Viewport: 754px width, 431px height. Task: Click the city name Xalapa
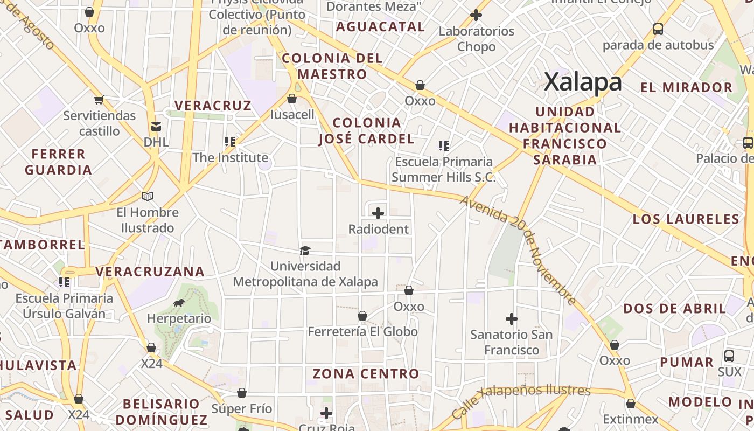point(583,82)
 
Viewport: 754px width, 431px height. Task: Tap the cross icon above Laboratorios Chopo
point(476,15)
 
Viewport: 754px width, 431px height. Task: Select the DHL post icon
point(156,127)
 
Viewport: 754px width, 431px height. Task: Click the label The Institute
point(231,158)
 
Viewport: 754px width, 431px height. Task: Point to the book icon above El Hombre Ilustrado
point(148,197)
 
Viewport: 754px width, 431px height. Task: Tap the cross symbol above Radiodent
point(378,213)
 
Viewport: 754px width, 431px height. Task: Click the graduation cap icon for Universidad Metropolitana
point(305,251)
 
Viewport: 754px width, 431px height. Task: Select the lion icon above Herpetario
point(179,303)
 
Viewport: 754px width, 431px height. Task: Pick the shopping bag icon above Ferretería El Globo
point(362,316)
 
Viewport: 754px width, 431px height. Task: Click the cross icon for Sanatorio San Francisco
point(511,319)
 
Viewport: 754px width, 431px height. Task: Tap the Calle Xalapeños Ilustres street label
point(521,400)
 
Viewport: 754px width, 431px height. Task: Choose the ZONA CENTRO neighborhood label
point(366,373)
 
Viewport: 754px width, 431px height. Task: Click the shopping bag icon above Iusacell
point(292,99)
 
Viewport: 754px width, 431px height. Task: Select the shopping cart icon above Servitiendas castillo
point(99,100)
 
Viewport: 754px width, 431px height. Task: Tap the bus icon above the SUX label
point(729,356)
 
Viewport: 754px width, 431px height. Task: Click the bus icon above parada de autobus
point(658,29)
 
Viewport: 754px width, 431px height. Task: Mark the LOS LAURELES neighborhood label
point(686,219)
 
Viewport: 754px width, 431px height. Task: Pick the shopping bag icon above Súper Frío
point(242,393)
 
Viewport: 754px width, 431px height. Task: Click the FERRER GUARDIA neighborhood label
point(58,162)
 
